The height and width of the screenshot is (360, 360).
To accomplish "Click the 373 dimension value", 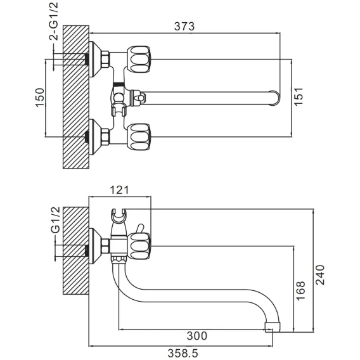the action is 184,26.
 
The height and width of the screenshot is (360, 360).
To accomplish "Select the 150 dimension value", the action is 39,98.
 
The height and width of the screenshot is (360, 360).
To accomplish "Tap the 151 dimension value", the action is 299,96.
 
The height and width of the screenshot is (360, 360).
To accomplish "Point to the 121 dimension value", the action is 119,190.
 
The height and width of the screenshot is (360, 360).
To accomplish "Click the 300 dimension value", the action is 197,336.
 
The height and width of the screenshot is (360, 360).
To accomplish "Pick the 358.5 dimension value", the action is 183,353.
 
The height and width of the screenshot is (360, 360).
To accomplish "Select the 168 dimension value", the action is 300,291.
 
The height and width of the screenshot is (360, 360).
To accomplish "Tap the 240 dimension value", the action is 320,275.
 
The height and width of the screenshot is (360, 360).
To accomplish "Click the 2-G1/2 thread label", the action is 54,22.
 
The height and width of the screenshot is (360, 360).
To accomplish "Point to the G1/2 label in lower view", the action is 56,220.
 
